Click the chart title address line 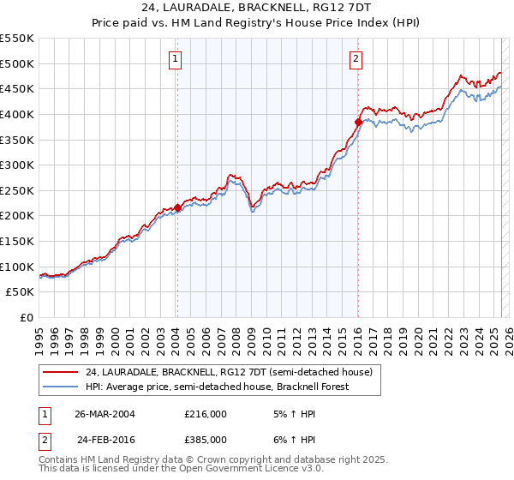click(x=256, y=8)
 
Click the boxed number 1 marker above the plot click(x=175, y=59)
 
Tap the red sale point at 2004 click(x=177, y=207)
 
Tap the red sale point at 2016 click(x=358, y=122)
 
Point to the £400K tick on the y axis click(x=18, y=114)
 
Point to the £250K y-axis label click(x=18, y=190)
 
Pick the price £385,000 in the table click(x=205, y=439)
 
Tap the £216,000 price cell click(x=205, y=414)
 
